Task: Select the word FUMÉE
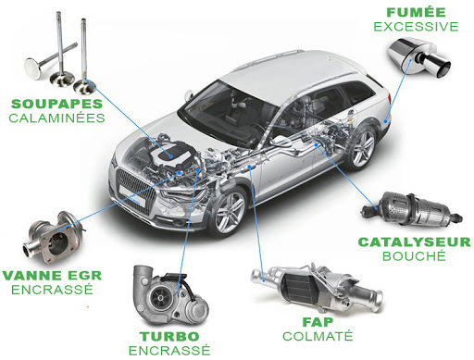[416, 11]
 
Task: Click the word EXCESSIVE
[416, 26]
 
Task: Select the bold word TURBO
[164, 335]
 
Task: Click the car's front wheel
[224, 212]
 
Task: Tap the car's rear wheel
[362, 145]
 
